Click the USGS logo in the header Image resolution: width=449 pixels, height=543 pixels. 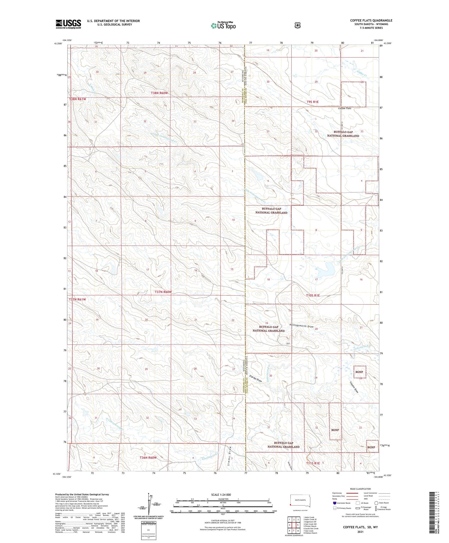[x=68, y=24]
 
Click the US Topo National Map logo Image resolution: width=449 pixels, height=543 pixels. [x=223, y=25]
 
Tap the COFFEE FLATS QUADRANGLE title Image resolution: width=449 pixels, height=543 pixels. [x=371, y=21]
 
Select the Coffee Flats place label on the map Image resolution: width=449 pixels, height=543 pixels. [x=345, y=108]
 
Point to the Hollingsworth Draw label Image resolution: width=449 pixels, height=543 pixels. [x=301, y=326]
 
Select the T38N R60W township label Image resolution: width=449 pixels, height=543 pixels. [x=159, y=93]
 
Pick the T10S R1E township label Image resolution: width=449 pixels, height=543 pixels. [x=313, y=295]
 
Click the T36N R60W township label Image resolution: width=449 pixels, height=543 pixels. [x=148, y=458]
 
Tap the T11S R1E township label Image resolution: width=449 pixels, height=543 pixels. [x=313, y=463]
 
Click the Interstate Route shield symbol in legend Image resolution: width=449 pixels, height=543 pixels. [x=335, y=503]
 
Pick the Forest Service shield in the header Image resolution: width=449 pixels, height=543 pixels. [x=297, y=25]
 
